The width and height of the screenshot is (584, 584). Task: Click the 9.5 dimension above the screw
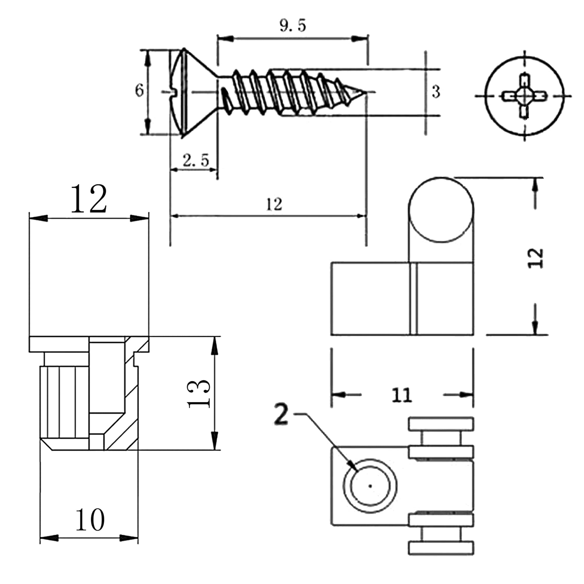pos(293,26)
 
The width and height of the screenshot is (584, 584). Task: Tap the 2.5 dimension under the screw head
pos(196,161)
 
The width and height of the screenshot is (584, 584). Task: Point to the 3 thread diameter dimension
pos(436,92)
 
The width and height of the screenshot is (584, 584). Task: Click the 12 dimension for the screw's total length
pos(274,205)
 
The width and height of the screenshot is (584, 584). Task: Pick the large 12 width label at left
pos(88,199)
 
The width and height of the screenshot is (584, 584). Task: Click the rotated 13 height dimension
pos(199,394)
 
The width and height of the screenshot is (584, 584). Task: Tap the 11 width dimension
pos(402,395)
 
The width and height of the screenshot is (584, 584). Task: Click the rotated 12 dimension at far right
pos(536,258)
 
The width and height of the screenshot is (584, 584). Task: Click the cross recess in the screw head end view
pos(524,96)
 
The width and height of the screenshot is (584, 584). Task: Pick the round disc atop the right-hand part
pos(441,209)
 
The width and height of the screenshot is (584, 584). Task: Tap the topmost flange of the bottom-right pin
pos(441,424)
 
